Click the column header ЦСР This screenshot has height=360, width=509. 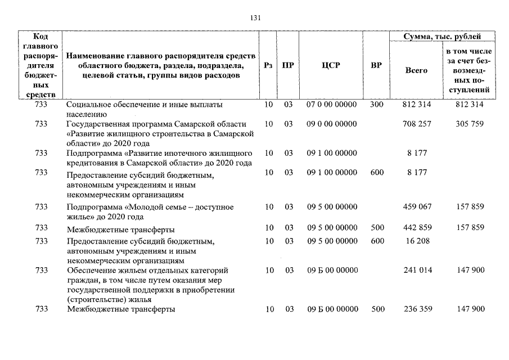point(331,65)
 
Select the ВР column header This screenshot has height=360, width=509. point(376,65)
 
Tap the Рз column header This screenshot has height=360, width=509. point(269,65)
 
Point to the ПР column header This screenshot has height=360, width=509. point(288,65)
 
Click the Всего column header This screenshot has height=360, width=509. point(416,70)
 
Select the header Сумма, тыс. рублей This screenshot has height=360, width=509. point(442,37)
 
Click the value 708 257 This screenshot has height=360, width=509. point(417,124)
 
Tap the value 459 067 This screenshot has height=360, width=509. point(417,207)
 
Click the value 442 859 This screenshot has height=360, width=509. point(417,228)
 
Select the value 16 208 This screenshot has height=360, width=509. point(417,241)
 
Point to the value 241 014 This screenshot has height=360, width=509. point(417,270)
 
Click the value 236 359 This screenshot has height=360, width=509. point(417,309)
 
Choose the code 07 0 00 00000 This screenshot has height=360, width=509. point(331,105)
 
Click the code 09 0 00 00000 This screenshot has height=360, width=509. point(331,124)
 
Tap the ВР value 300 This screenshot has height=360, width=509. point(377,105)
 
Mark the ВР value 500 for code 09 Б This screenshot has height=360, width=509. point(378,309)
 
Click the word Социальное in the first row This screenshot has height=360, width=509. point(88,105)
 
